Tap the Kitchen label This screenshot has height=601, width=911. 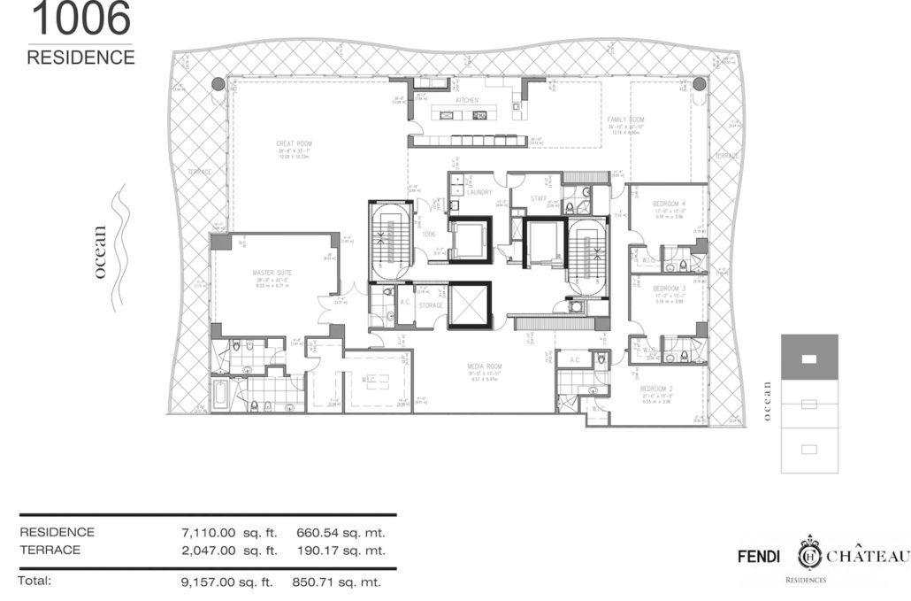pos(466,101)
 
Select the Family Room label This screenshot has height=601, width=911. pos(625,119)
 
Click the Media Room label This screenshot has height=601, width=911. pos(485,365)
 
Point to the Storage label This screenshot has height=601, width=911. pos(431,305)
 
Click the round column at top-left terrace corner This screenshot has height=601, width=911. pos(218,84)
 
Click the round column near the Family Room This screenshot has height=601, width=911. pos(699,84)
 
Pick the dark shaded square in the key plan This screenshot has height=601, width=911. pos(809,359)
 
